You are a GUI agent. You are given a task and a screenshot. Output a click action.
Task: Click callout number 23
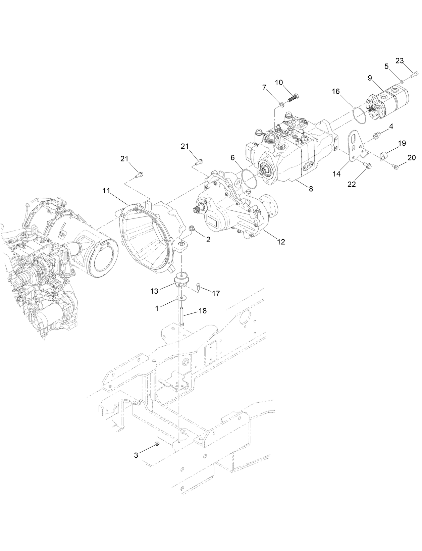point(400,61)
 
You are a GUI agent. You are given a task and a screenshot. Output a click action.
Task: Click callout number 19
point(402,144)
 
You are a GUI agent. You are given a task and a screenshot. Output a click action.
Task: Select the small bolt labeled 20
point(396,165)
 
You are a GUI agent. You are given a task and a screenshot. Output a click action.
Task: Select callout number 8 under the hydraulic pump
point(311,189)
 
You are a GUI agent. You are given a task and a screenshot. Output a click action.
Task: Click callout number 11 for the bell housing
point(106,191)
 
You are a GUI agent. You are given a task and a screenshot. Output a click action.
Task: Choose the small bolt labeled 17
point(198,286)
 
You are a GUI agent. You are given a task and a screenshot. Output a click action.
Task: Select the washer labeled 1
point(181,298)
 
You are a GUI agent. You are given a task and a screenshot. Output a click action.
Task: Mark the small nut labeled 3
point(157,444)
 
